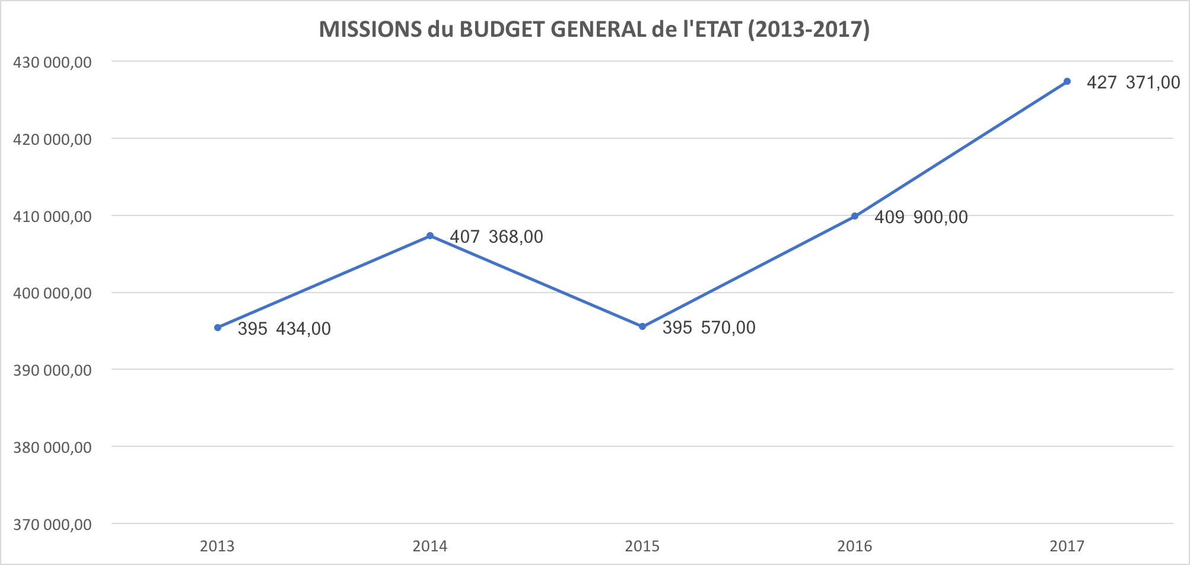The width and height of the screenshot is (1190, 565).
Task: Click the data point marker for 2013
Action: click(x=218, y=328)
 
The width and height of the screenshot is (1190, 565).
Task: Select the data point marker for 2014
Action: click(x=430, y=236)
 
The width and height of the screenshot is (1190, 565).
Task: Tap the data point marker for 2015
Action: click(x=642, y=326)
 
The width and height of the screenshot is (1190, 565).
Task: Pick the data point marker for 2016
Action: click(x=855, y=216)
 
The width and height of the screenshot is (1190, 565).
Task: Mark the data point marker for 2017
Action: click(x=1067, y=81)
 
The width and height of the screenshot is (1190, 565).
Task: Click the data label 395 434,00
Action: click(x=284, y=329)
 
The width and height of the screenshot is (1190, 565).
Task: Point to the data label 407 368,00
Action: click(x=497, y=237)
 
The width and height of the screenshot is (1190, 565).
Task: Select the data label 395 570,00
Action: click(x=709, y=328)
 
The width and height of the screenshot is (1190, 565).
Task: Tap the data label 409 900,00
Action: click(x=921, y=217)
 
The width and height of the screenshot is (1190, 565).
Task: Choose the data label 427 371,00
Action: click(x=1134, y=82)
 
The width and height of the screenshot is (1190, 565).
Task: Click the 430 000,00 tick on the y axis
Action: click(x=52, y=62)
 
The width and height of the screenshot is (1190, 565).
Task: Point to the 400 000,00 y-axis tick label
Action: click(x=52, y=293)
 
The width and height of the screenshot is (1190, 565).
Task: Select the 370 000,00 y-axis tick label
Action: click(x=52, y=525)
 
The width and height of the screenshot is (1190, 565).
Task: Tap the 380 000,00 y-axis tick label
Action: click(x=52, y=447)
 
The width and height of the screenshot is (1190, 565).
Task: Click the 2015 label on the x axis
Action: click(x=642, y=546)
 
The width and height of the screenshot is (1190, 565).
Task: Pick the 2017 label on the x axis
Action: click(x=1067, y=546)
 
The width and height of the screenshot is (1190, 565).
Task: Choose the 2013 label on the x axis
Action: click(x=218, y=546)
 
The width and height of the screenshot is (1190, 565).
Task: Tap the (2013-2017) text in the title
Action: click(x=809, y=29)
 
